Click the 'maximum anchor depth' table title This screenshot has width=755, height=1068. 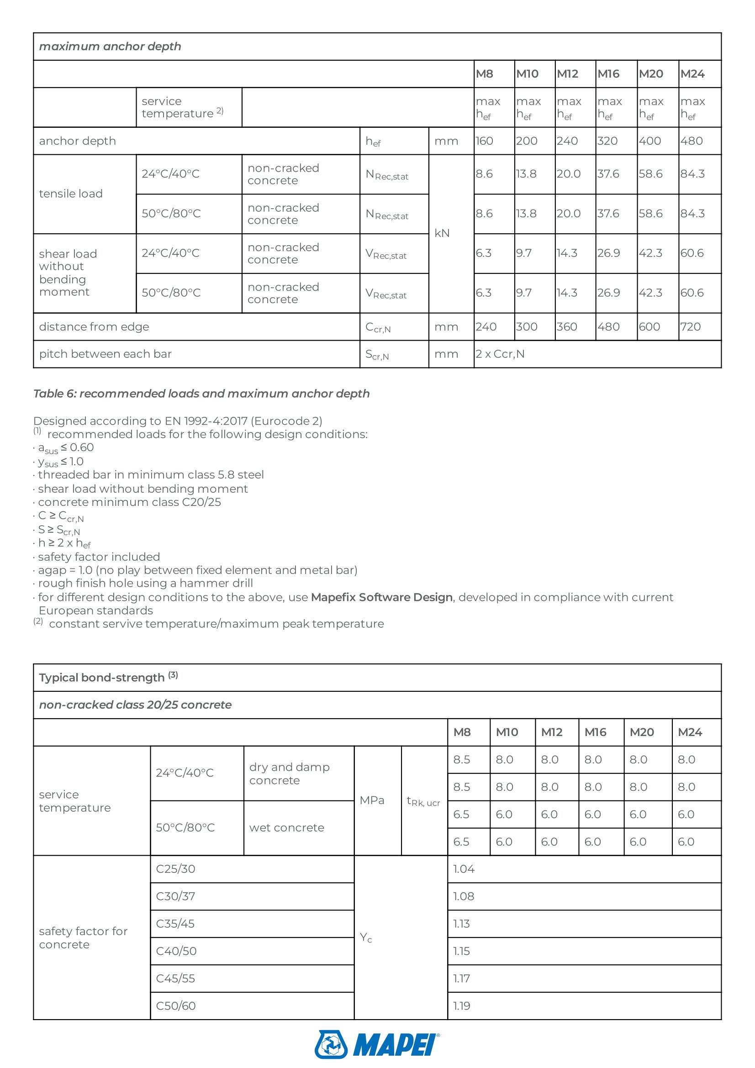pos(110,47)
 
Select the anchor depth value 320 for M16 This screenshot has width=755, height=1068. pos(607,141)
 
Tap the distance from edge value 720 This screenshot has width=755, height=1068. pos(690,326)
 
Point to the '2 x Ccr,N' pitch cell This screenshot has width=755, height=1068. pos(500,354)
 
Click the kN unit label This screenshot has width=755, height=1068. pos(442,233)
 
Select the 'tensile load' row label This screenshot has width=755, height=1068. pos(71,194)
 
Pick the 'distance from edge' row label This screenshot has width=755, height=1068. pos(94,326)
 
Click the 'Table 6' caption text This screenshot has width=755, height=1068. pos(201,394)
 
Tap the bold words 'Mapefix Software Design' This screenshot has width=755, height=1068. pos(381,597)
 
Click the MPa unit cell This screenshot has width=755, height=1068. pos(372,800)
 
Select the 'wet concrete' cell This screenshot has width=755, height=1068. pos(286,827)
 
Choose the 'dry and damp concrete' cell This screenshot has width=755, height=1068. pos(289,773)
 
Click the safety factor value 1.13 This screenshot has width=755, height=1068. pos(461,923)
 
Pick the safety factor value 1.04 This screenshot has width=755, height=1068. pos(463,869)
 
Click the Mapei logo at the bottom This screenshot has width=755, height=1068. pos(377,1044)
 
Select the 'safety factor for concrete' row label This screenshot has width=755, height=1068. pos(83,937)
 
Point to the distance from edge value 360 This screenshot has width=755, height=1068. pos(567,326)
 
